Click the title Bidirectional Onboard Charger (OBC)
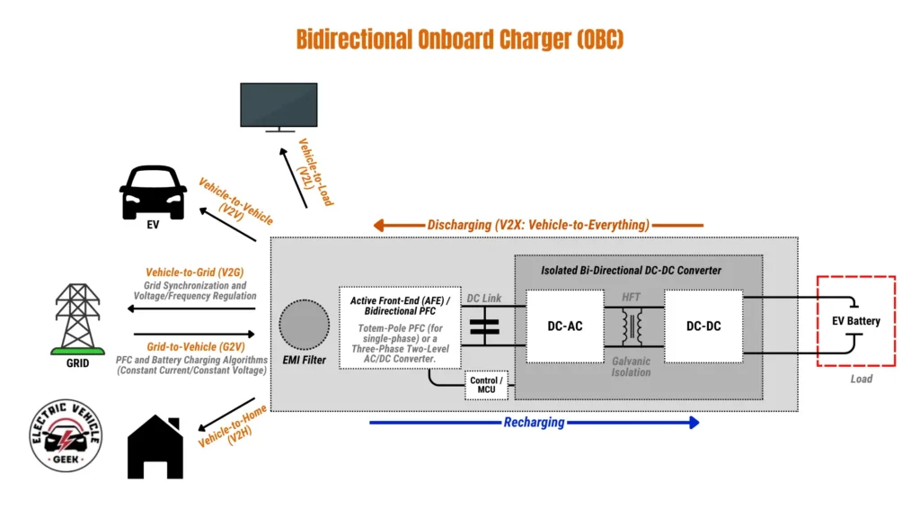(x=459, y=39)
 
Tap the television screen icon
(x=279, y=106)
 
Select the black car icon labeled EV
(x=153, y=191)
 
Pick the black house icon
(x=155, y=447)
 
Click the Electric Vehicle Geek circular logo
(x=66, y=435)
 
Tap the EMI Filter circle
(x=304, y=326)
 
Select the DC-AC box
(x=565, y=326)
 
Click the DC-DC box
(x=703, y=326)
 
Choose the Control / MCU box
(x=486, y=385)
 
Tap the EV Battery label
(x=854, y=321)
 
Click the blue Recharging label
(x=534, y=423)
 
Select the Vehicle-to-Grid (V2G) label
(x=195, y=272)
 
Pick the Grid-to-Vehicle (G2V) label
(x=195, y=345)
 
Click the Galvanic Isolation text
(x=632, y=366)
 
